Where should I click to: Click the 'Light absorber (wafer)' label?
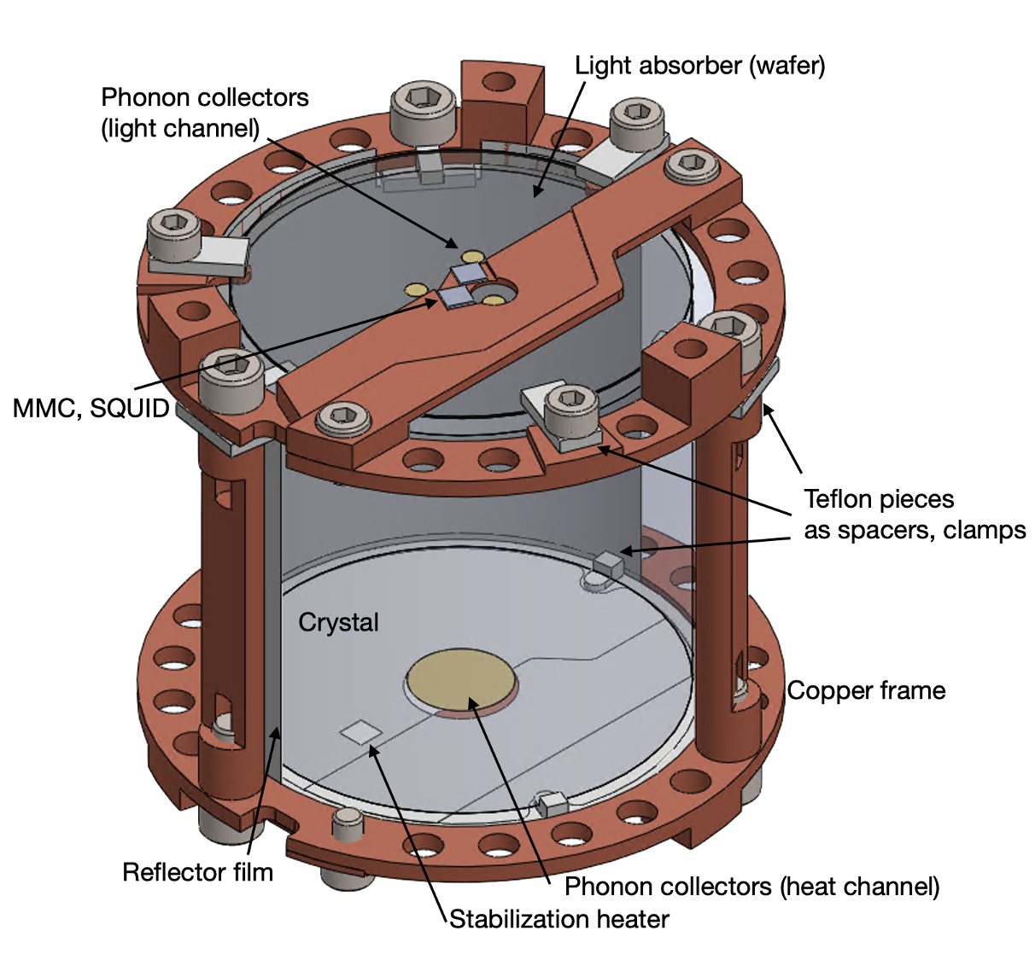pos(699,67)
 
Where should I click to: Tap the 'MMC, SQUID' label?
pos(91,409)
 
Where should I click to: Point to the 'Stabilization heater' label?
pos(559,919)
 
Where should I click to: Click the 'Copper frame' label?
pos(866,690)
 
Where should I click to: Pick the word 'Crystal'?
pos(338,623)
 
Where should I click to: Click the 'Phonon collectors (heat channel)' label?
pos(752,887)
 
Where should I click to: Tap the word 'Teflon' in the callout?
pos(840,499)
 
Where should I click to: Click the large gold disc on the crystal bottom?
pos(461,680)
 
